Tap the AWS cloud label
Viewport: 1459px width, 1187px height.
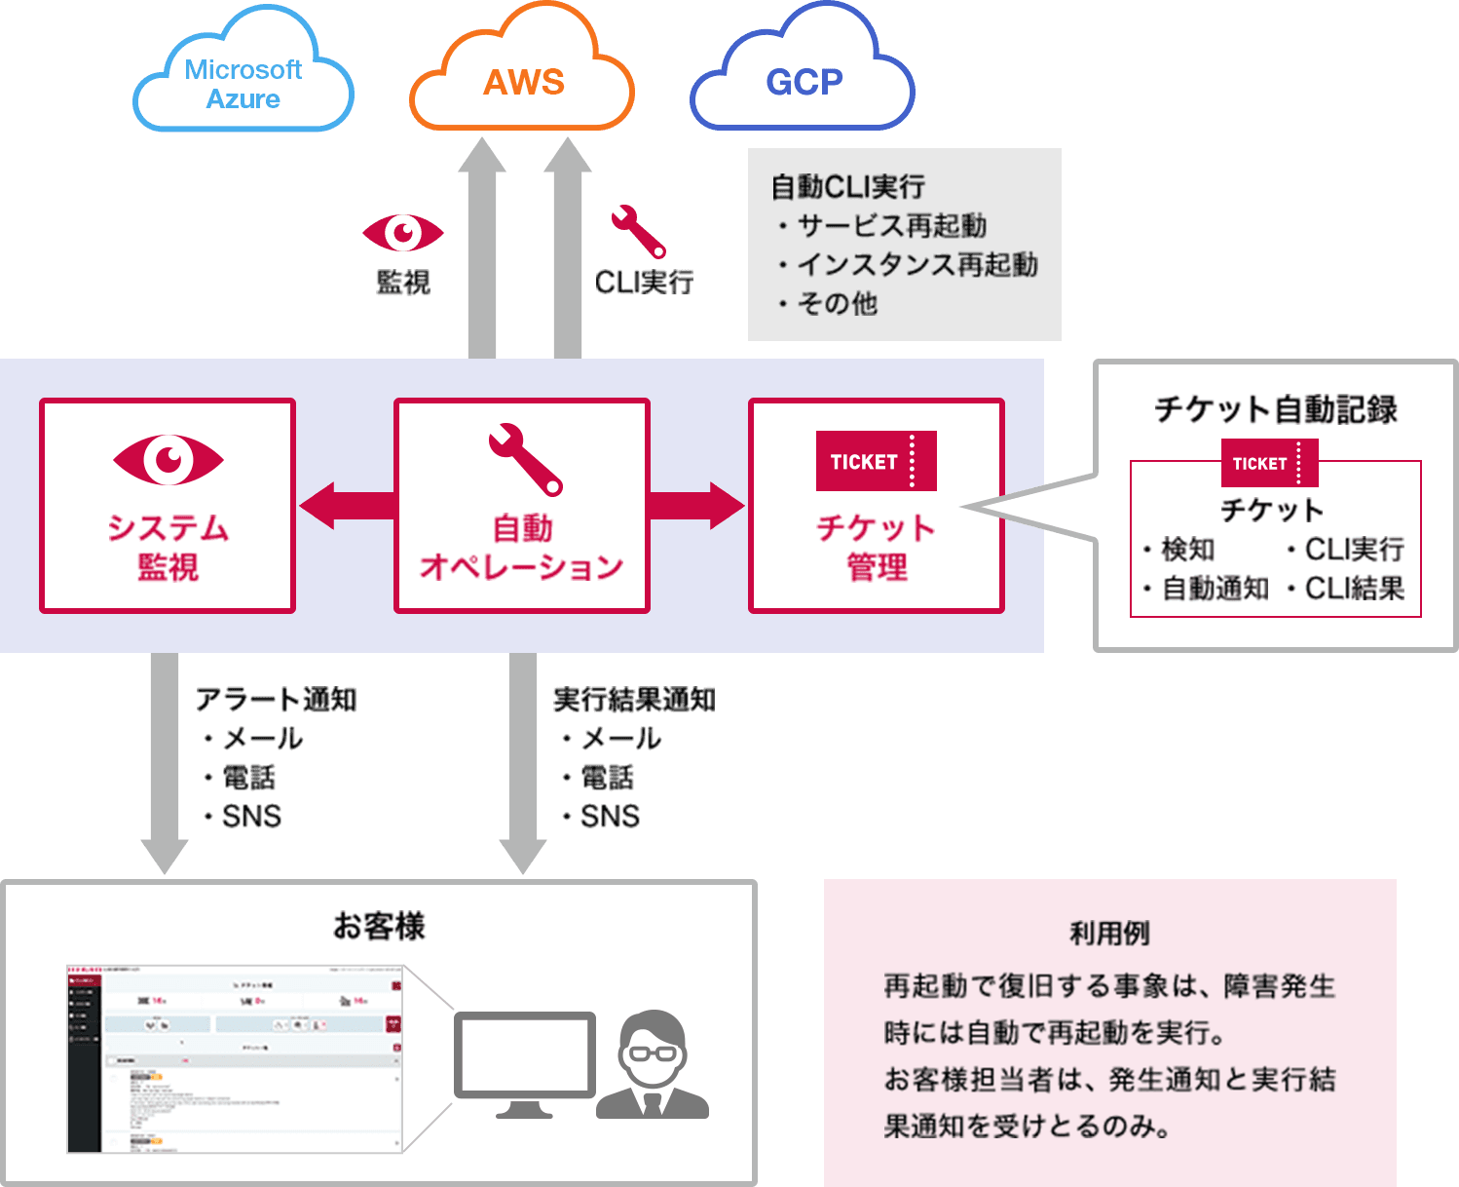click(x=524, y=83)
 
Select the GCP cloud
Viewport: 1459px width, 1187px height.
click(x=804, y=82)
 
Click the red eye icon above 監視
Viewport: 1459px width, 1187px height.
click(x=403, y=233)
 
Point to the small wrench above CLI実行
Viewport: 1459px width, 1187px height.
click(x=638, y=231)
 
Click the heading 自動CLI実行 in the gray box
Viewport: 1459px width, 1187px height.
click(x=847, y=186)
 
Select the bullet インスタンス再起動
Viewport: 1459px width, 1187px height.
click(x=917, y=265)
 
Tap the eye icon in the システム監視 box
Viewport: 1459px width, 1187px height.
click(x=168, y=459)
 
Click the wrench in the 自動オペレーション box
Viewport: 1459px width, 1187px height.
click(x=525, y=459)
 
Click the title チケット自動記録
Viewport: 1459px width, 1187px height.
click(x=1275, y=409)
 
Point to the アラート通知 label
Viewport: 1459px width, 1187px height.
click(x=276, y=699)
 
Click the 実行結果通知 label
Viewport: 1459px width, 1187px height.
click(x=634, y=699)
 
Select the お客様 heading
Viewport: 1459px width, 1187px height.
click(x=379, y=926)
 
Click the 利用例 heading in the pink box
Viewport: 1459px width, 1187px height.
click(x=1109, y=934)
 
